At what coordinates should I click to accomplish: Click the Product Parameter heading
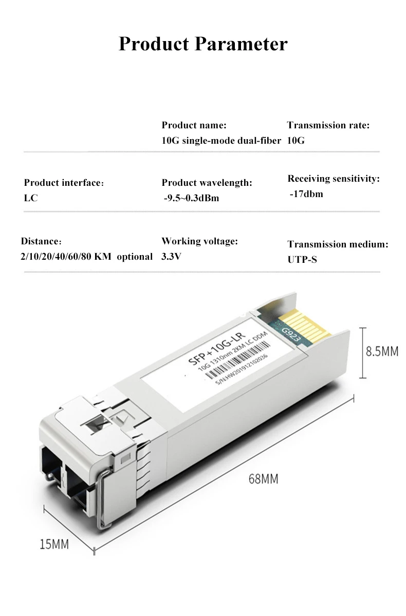click(203, 44)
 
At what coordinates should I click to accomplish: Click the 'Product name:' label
click(194, 125)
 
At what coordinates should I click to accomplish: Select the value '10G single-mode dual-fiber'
click(221, 141)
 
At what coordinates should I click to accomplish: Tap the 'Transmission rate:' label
click(328, 125)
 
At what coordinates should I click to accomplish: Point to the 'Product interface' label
click(64, 183)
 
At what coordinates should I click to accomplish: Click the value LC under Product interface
click(31, 198)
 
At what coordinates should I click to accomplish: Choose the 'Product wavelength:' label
click(207, 183)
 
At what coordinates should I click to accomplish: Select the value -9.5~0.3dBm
click(191, 198)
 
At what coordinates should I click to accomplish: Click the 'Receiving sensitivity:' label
click(333, 179)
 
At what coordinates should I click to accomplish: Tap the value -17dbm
click(306, 194)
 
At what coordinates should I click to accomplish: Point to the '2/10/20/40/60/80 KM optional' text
click(86, 256)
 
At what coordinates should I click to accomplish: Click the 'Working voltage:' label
click(199, 241)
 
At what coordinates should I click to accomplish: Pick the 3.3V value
click(171, 256)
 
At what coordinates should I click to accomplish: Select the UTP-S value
click(302, 260)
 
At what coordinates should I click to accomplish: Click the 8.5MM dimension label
click(381, 352)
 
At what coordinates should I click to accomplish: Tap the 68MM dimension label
click(263, 479)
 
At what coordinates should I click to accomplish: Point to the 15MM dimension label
click(54, 544)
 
